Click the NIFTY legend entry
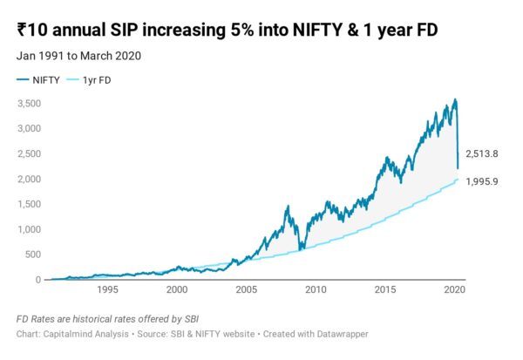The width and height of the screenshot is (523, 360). [38, 80]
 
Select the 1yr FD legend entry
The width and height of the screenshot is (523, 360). [89, 80]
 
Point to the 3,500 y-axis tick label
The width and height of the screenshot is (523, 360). [30, 103]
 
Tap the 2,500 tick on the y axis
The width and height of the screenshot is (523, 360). [30, 153]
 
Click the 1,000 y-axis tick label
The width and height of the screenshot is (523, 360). [30, 229]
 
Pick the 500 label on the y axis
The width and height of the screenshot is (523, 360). [33, 255]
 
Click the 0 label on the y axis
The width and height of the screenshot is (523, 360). [38, 280]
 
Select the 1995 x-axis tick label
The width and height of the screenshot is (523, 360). [107, 289]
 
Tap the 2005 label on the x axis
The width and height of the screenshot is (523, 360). [246, 289]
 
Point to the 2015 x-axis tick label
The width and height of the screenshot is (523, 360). [385, 289]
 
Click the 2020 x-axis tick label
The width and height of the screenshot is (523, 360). [454, 289]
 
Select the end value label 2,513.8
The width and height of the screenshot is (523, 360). [482, 153]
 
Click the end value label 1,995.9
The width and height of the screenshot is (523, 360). [482, 181]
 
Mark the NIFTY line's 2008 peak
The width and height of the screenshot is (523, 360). [288, 207]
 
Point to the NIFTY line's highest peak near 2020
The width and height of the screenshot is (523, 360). [455, 99]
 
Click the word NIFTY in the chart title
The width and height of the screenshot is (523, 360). [317, 30]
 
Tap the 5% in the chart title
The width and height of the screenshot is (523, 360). [241, 30]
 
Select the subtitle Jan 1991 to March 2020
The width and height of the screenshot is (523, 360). [78, 56]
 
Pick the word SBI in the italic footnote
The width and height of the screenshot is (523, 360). [192, 319]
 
